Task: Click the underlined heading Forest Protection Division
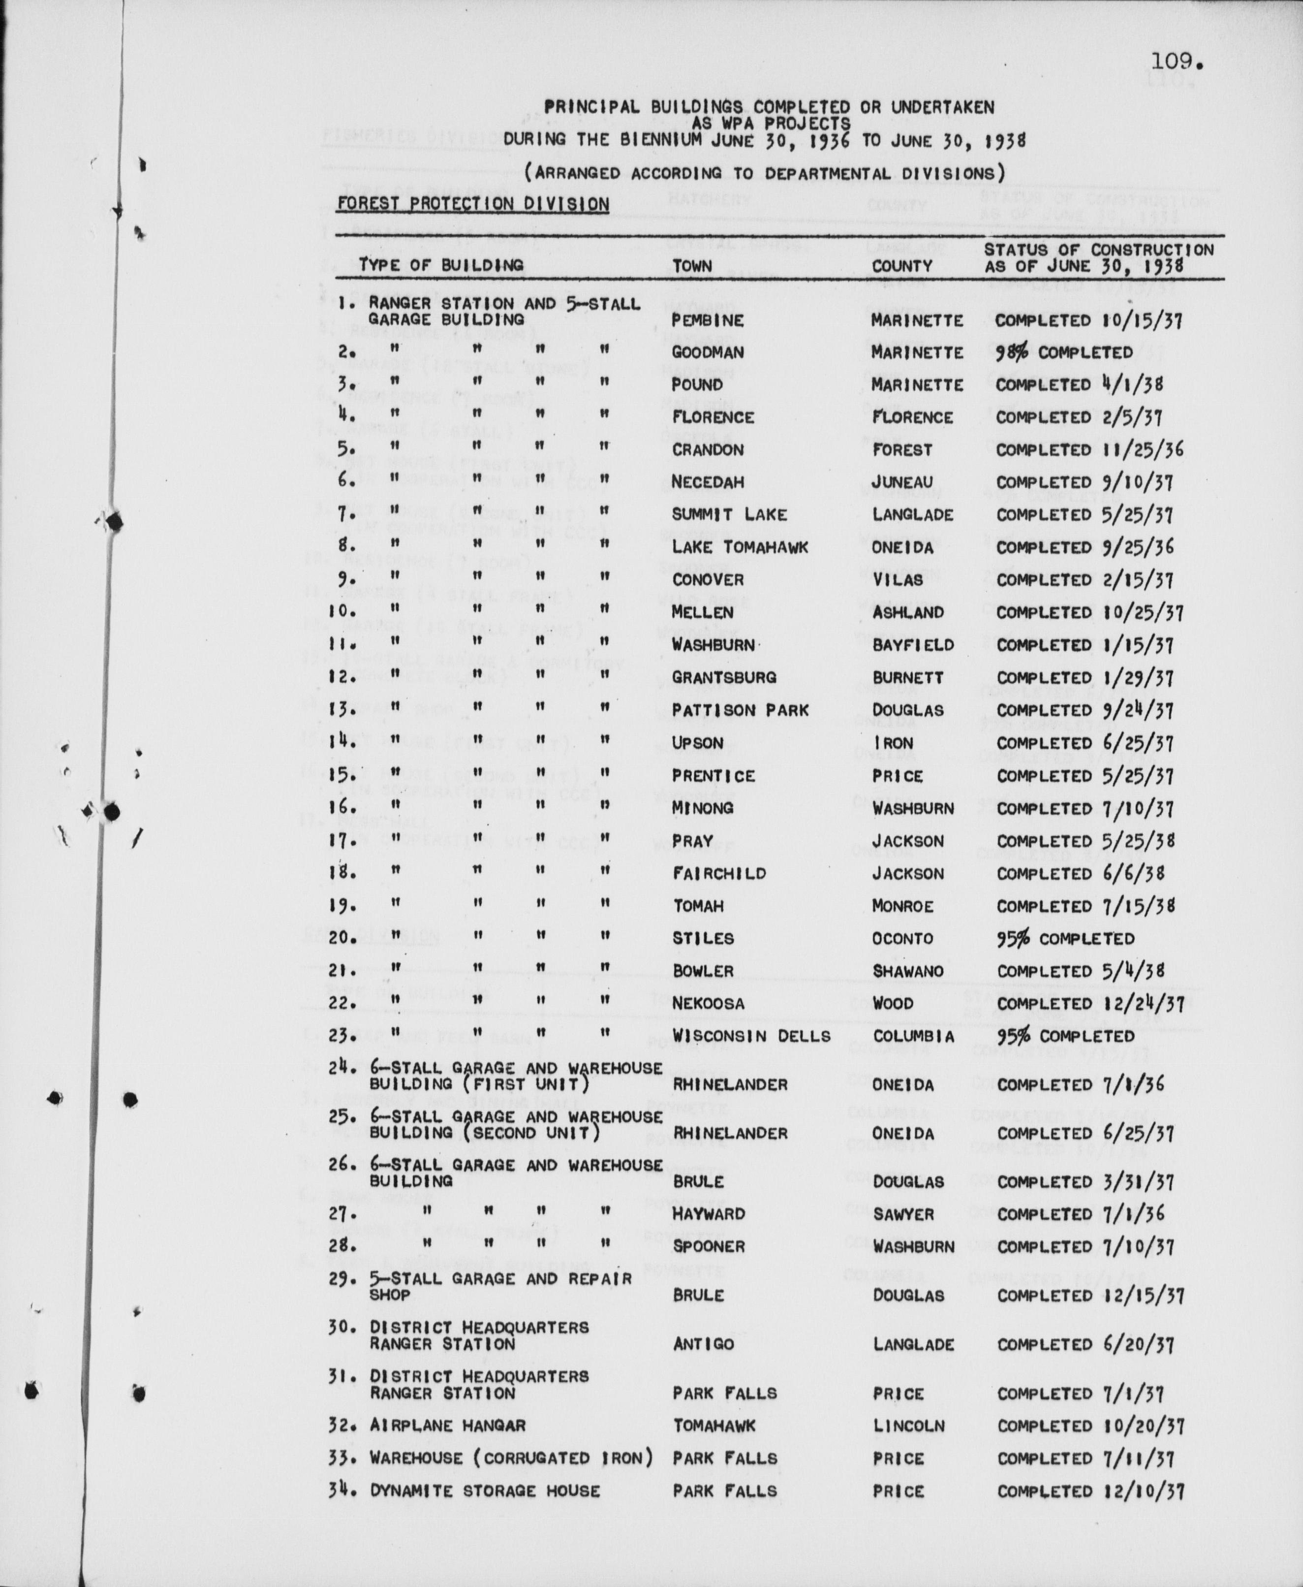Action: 473,204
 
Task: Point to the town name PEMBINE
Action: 707,320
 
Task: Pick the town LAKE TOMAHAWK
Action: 740,547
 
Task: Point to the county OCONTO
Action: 902,938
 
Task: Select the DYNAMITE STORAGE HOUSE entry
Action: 485,1491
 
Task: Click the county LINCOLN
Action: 908,1425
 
